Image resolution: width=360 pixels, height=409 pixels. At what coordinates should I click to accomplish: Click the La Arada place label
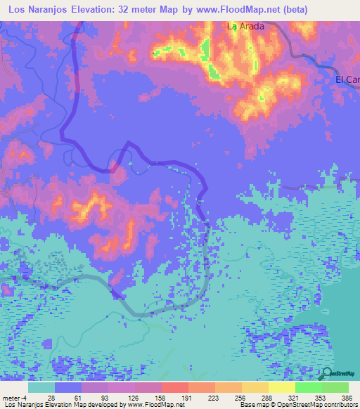(x=245, y=27)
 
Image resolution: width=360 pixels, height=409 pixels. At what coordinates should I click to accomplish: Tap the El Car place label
(x=347, y=79)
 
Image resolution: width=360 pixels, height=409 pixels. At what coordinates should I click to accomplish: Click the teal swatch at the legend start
(x=41, y=387)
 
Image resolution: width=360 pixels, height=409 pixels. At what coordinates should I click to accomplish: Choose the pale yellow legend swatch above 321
(x=281, y=387)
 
